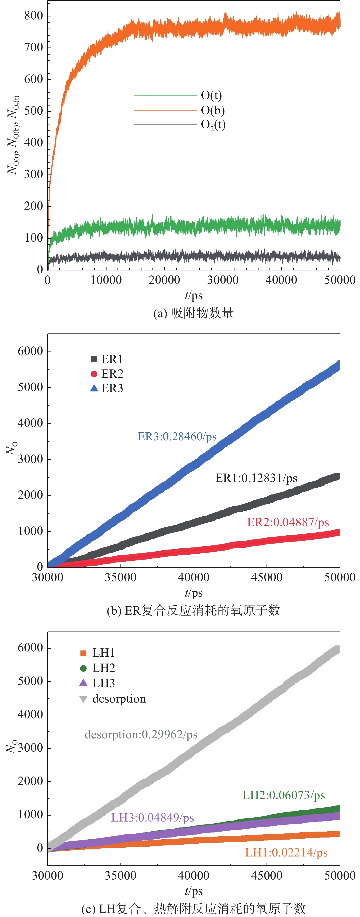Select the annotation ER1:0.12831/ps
(x=256, y=478)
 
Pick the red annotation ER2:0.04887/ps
(x=288, y=522)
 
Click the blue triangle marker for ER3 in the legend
(x=94, y=388)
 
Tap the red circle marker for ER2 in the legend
(x=94, y=374)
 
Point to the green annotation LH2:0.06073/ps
(x=283, y=795)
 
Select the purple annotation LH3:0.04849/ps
(x=152, y=817)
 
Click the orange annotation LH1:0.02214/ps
(x=286, y=853)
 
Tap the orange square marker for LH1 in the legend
(x=83, y=653)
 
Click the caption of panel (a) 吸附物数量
(x=193, y=313)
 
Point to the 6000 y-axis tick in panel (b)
(x=30, y=351)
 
